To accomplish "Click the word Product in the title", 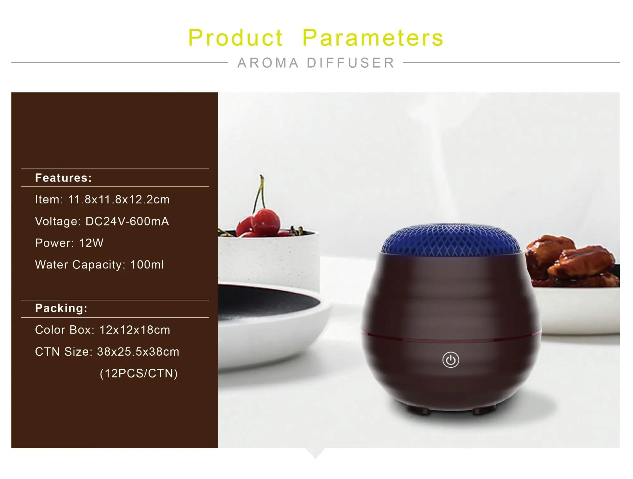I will pos(235,38).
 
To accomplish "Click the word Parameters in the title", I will pos(373,38).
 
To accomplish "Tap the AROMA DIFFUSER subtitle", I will pos(316,63).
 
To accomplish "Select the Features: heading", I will pos(63,178).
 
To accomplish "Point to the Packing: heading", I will pos(61,308).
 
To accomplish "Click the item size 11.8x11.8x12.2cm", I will pos(119,200).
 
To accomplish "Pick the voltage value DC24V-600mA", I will pos(127,221).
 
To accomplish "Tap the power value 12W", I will pos(91,243).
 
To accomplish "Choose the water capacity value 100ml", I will pos(147,265).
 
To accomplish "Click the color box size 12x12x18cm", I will pos(135,330).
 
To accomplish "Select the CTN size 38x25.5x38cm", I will pos(138,352).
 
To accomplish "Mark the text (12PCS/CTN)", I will pos(139,373).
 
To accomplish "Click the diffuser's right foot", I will pos(483,411).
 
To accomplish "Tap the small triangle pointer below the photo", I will pos(315,453).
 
